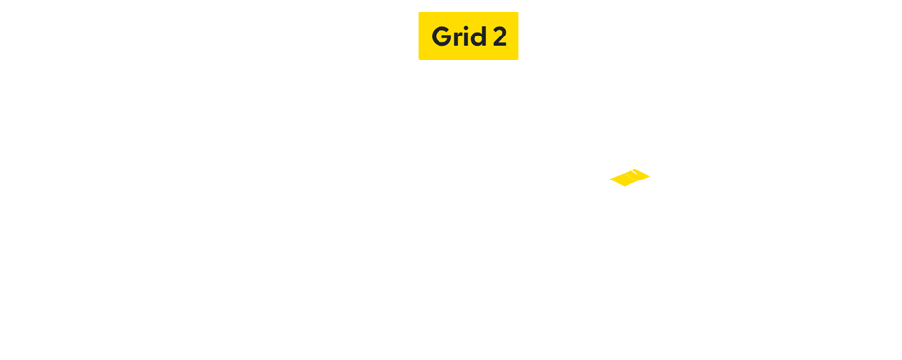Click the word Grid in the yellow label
click(458, 36)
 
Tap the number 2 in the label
click(499, 36)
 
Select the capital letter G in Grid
click(441, 36)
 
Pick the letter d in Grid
click(478, 36)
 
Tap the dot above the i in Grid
click(466, 28)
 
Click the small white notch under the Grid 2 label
click(484, 60)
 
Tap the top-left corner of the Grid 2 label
click(419, 12)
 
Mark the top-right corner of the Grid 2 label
click(518, 12)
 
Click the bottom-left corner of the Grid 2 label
click(419, 60)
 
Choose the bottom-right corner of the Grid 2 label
click(518, 60)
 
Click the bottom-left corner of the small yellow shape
click(609, 186)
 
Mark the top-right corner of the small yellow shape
click(650, 170)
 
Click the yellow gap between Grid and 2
click(488, 36)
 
